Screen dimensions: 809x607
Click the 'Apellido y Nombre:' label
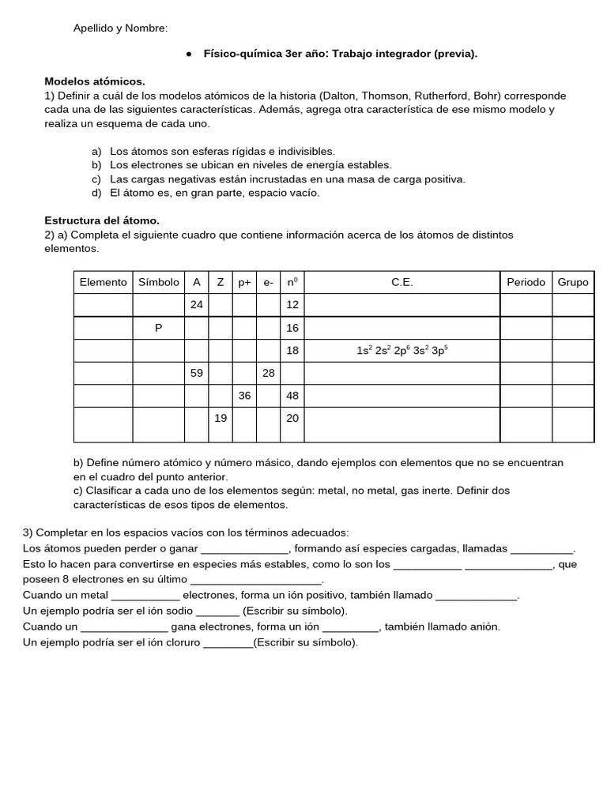click(x=120, y=28)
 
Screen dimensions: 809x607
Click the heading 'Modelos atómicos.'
click(x=95, y=81)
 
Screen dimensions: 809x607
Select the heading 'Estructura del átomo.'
click(x=102, y=220)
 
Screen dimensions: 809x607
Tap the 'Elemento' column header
click(x=103, y=282)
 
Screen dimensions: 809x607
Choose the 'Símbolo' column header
click(x=158, y=282)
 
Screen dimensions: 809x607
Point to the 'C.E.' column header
click(x=402, y=282)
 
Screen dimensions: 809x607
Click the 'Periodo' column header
click(x=526, y=282)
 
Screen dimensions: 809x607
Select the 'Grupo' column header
click(x=573, y=282)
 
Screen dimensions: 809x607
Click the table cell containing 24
click(x=197, y=305)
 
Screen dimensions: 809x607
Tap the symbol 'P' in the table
click(x=158, y=328)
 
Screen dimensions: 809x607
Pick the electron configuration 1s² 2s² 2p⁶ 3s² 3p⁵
click(x=402, y=351)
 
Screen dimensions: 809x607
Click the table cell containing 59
click(x=197, y=373)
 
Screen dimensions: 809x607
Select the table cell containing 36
click(x=244, y=396)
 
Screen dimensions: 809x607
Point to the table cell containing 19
click(x=221, y=419)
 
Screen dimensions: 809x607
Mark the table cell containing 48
click(x=292, y=396)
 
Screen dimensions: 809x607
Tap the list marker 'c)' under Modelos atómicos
click(x=96, y=179)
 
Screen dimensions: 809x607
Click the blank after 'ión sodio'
click(x=217, y=611)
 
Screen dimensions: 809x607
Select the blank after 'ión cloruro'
click(x=228, y=642)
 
